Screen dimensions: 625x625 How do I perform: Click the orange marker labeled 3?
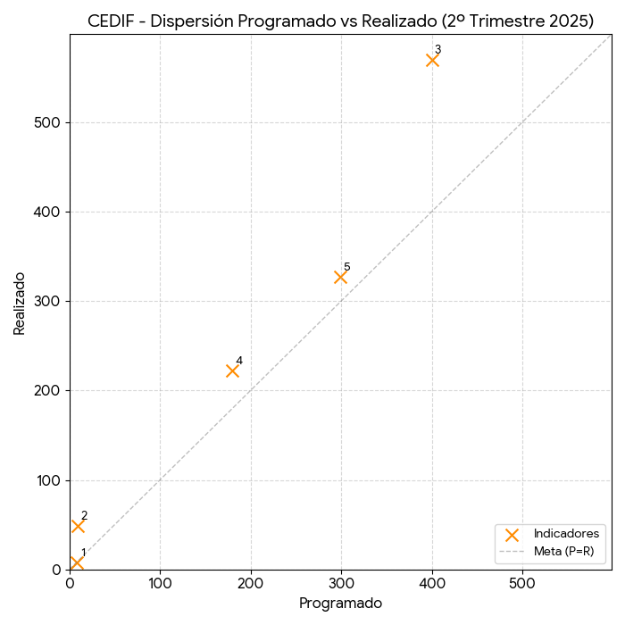pyautogui.click(x=433, y=61)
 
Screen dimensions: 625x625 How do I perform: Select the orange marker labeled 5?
pyautogui.click(x=340, y=278)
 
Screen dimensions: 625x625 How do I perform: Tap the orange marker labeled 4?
pyautogui.click(x=233, y=371)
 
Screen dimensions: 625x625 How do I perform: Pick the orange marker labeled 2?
pyautogui.click(x=78, y=526)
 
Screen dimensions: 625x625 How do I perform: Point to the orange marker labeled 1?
pyautogui.click(x=77, y=562)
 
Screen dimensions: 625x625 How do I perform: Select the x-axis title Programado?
pyautogui.click(x=340, y=604)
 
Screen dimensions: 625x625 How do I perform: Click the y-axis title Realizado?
pyautogui.click(x=20, y=302)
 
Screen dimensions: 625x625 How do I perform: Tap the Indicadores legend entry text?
pyautogui.click(x=566, y=534)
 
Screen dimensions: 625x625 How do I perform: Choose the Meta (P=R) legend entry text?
pyautogui.click(x=564, y=551)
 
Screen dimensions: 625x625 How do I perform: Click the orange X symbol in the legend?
pyautogui.click(x=512, y=535)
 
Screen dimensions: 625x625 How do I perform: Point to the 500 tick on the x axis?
pyautogui.click(x=522, y=584)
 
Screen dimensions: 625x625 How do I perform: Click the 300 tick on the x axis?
pyautogui.click(x=341, y=584)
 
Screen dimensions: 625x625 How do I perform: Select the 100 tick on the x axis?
pyautogui.click(x=160, y=584)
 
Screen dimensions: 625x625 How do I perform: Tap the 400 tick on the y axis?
pyautogui.click(x=48, y=212)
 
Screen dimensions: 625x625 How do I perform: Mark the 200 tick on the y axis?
pyautogui.click(x=48, y=391)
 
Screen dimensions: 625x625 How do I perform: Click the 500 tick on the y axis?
pyautogui.click(x=48, y=122)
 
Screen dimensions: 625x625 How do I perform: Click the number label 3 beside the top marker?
pyautogui.click(x=438, y=50)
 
